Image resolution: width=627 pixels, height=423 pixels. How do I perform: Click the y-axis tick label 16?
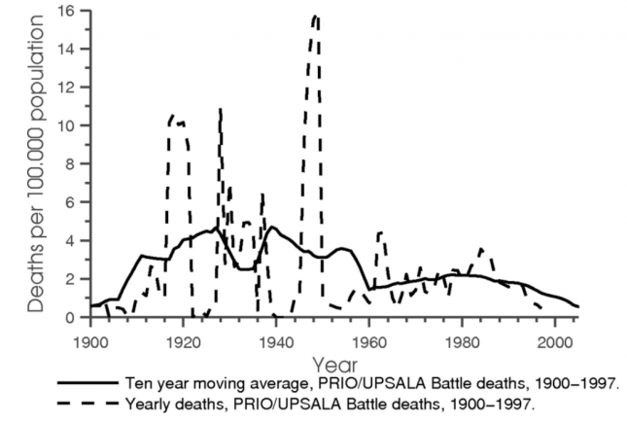69,11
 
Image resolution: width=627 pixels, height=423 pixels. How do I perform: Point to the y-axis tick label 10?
69,125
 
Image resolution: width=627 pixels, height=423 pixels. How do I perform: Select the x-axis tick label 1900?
89,342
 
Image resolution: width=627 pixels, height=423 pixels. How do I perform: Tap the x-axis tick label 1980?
462,342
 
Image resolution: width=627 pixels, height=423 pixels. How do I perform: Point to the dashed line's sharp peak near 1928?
221,109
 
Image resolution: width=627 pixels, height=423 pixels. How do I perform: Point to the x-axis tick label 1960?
369,342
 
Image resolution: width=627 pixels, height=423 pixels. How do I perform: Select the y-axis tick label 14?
69,49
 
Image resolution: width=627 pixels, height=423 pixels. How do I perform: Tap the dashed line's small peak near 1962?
379,232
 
